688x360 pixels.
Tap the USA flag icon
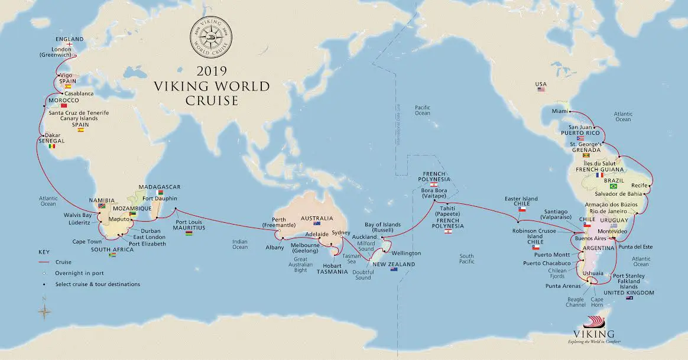[x=541, y=89]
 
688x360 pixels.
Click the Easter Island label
[x=521, y=199]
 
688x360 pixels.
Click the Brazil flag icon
[x=613, y=186]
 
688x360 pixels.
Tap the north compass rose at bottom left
[x=44, y=311]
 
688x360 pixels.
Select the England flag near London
[x=70, y=44]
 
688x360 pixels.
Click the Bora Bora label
[x=434, y=191]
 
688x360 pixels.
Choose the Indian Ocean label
[x=240, y=244]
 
